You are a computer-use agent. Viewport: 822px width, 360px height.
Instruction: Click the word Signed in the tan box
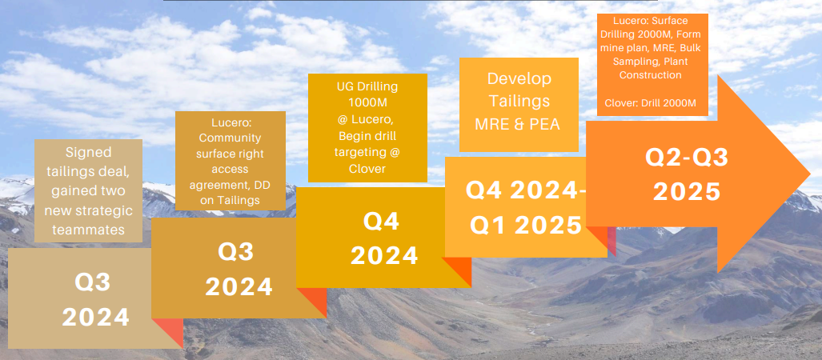[x=88, y=153]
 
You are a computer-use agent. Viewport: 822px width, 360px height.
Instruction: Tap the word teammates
[x=88, y=230]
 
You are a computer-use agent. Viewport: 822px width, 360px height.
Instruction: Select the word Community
[x=230, y=138]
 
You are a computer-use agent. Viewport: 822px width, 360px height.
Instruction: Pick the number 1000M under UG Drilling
[x=367, y=101]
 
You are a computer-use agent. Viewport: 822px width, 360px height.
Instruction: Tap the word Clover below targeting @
[x=367, y=169]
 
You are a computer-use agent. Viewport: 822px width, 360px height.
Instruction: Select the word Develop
[x=519, y=79]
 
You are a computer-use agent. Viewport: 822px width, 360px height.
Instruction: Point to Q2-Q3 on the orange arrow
[x=687, y=158]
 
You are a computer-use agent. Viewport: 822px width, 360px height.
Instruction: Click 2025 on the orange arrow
[x=687, y=192]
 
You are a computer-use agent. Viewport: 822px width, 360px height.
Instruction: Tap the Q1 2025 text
[x=526, y=226]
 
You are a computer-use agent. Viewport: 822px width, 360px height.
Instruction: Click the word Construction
[x=651, y=75]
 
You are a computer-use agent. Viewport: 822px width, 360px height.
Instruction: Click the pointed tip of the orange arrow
[x=811, y=173]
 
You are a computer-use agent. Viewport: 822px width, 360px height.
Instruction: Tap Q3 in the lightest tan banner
[x=93, y=283]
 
